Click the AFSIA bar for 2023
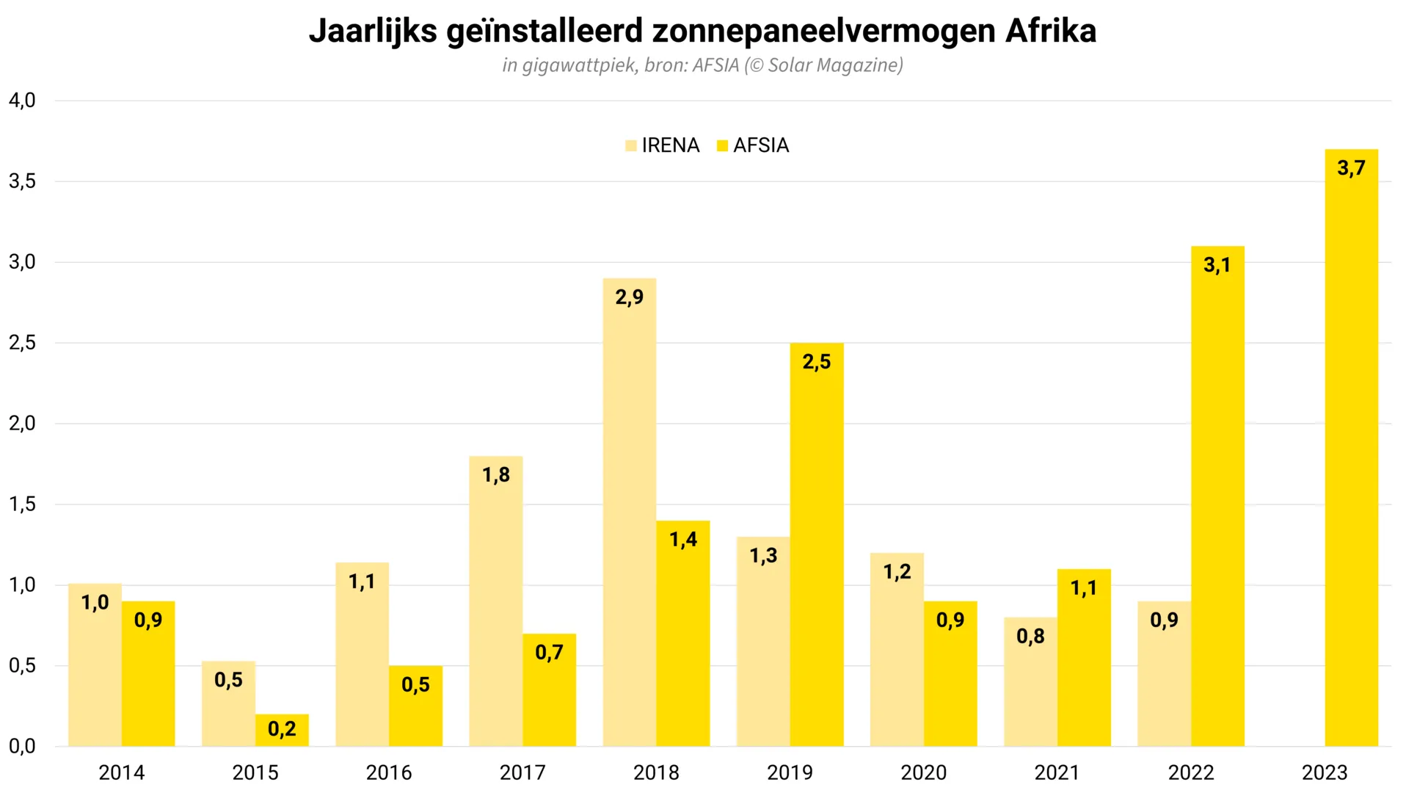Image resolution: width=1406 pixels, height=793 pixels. [x=1351, y=448]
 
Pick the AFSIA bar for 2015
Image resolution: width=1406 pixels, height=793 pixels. [x=282, y=731]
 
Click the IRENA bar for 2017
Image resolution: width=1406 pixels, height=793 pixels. [x=496, y=601]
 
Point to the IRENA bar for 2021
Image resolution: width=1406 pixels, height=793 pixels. [x=1030, y=682]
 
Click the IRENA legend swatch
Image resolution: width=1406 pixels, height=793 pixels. [x=631, y=145]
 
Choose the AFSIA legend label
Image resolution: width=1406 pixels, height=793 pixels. [x=761, y=145]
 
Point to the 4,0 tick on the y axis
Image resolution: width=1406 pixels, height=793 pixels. [x=22, y=101]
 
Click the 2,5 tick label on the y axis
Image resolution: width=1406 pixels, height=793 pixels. [x=22, y=343]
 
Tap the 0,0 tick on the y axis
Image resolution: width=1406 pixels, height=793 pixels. [x=22, y=747]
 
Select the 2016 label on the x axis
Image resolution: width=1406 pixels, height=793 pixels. [x=389, y=772]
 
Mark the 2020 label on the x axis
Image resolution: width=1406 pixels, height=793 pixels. [x=924, y=772]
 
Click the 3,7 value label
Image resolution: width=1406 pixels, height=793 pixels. [x=1351, y=168]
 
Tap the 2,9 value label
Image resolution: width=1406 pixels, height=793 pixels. [x=630, y=297]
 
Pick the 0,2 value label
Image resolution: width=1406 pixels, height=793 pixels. [x=282, y=729]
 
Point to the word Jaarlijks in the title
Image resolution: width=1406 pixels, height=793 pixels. [x=373, y=31]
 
